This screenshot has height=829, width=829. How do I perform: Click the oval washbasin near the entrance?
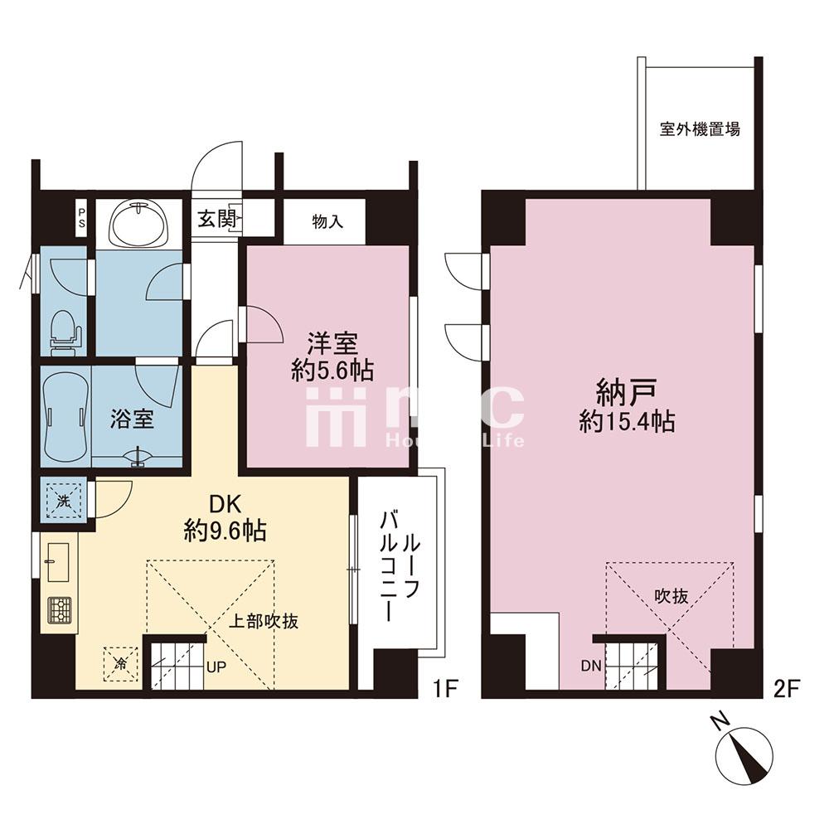[x=139, y=222]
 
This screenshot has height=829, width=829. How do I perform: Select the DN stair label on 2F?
[x=590, y=667]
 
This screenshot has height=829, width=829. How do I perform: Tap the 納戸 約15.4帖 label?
[x=627, y=405]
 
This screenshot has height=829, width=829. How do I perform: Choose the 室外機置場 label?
[x=700, y=129]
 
